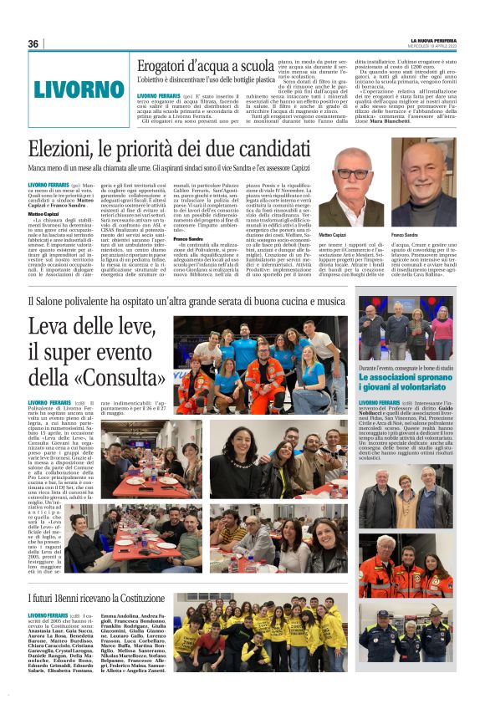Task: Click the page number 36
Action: (x=33, y=44)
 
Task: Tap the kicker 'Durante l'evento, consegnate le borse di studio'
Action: (x=406, y=368)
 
